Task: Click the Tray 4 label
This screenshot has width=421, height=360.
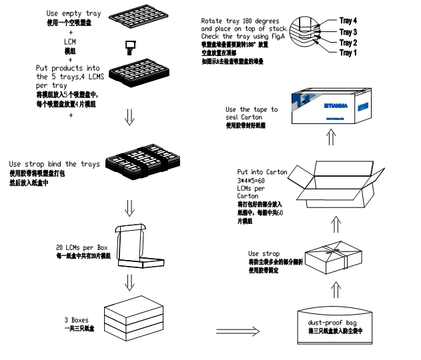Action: point(348,21)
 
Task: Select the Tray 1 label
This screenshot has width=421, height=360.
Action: point(348,53)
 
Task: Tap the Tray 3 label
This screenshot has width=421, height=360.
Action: point(348,32)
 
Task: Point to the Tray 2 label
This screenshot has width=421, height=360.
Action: point(348,43)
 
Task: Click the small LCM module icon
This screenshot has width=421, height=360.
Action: point(130,45)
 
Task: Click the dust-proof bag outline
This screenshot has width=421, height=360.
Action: point(332,325)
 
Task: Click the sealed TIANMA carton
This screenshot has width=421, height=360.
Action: point(332,107)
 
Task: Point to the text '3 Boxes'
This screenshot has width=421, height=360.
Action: point(77,321)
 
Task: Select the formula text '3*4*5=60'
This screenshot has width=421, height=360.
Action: point(252,180)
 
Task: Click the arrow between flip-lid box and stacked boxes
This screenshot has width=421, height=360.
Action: point(131,285)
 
